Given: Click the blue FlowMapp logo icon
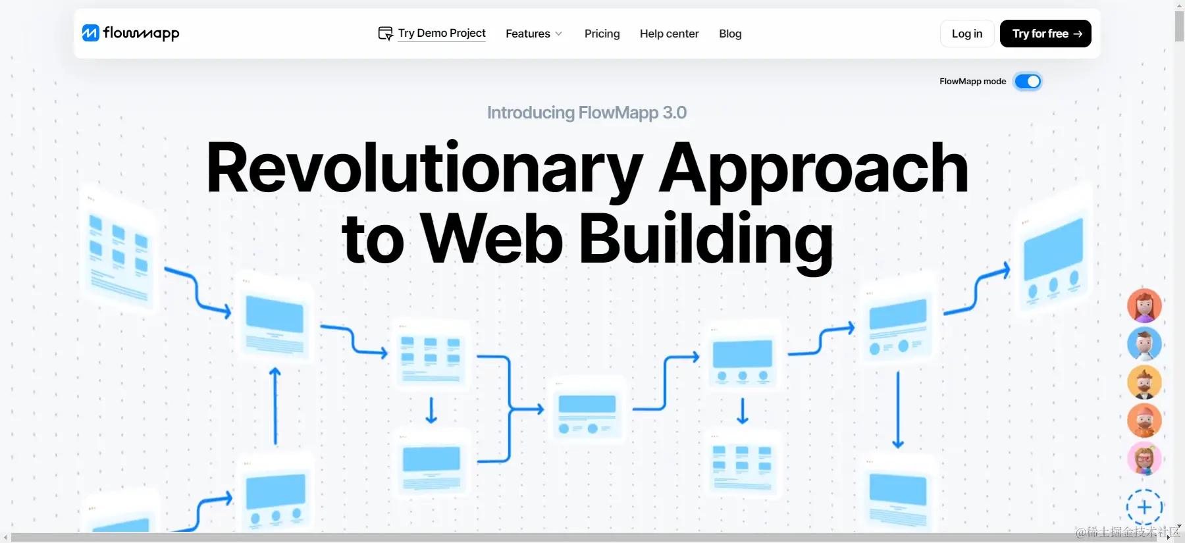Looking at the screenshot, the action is point(90,33).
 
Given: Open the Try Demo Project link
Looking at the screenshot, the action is point(441,33).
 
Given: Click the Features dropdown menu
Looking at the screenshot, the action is point(533,34).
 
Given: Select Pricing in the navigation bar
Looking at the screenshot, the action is point(602,34).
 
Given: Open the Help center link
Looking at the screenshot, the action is point(669,34).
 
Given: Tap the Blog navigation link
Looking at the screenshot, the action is point(730,34).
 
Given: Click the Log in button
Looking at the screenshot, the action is point(966,34).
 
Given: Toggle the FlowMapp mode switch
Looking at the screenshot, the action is point(1027,81).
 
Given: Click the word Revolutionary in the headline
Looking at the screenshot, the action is point(424,168).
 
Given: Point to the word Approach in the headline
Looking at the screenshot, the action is point(814,168).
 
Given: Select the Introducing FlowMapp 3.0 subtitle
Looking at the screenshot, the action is point(587,113).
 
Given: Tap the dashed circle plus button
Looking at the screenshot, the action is point(1144,507).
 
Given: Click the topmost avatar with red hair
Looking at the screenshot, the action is point(1144,305).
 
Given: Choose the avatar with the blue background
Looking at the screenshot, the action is point(1144,344).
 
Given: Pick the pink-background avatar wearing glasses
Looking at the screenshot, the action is point(1144,459).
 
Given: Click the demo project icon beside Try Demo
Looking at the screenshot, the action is point(385,33).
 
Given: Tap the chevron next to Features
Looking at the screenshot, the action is point(559,34).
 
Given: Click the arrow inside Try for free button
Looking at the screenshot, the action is point(1078,34).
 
